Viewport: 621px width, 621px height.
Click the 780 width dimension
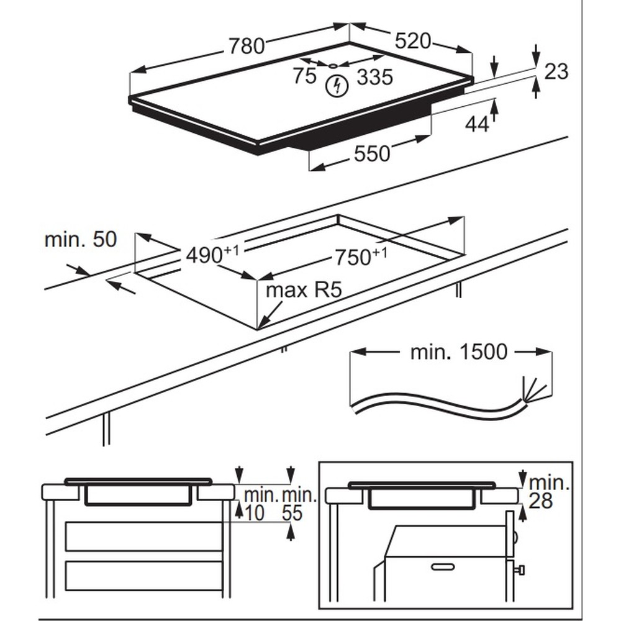247,46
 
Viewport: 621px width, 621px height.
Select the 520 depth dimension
413,41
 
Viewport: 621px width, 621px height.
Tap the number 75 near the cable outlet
305,76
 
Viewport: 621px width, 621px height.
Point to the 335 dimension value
375,78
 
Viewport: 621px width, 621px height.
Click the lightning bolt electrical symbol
337,86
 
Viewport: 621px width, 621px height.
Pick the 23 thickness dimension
556,71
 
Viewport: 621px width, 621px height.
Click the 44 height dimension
477,124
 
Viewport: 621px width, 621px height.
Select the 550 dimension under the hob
372,153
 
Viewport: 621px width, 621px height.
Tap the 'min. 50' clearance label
80,240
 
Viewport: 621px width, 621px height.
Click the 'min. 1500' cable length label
458,352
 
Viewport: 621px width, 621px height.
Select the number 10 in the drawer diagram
255,513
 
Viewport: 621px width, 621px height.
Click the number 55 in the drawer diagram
292,513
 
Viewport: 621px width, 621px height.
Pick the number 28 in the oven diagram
541,501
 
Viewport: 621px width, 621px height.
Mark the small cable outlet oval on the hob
333,65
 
